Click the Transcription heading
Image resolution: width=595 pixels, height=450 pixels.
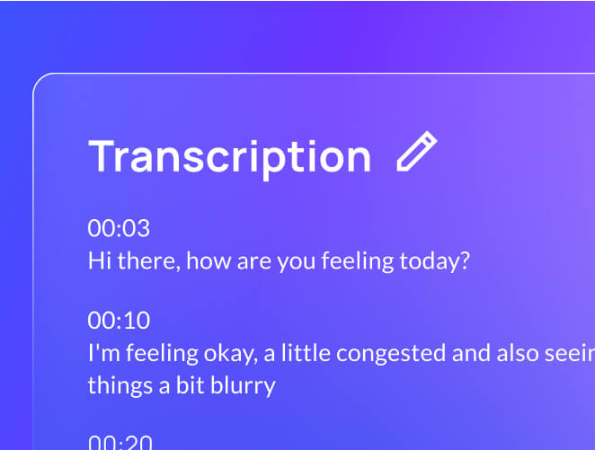229,156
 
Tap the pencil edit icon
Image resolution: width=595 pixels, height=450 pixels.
417,152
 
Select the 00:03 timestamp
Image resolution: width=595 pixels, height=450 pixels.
119,228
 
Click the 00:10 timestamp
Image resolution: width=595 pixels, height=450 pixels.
119,321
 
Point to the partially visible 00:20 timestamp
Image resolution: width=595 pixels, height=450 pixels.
119,442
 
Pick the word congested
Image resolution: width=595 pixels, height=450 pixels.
395,354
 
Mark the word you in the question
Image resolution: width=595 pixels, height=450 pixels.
296,261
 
